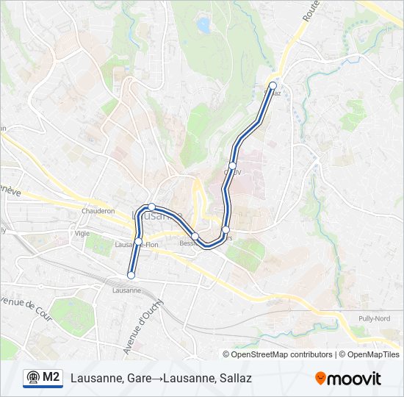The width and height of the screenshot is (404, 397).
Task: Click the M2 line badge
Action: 43,378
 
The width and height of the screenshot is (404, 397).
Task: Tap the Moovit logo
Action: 348,379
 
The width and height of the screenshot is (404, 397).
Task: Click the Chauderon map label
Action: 98,211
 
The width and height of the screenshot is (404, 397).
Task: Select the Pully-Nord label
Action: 373,318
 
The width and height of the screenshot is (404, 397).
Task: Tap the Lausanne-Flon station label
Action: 137,245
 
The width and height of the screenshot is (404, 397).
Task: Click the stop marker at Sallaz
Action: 273,85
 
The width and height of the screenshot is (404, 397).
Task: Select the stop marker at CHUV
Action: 232,166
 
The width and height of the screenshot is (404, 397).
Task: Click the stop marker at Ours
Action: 226,230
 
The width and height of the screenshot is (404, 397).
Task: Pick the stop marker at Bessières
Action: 195,235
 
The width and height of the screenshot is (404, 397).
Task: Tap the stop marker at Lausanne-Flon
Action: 138,241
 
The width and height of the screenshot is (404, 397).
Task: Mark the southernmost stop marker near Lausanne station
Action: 131,275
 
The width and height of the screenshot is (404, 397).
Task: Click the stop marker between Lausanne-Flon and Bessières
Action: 151,207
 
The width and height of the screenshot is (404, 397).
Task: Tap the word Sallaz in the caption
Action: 236,379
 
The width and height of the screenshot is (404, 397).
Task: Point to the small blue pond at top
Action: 203,27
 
